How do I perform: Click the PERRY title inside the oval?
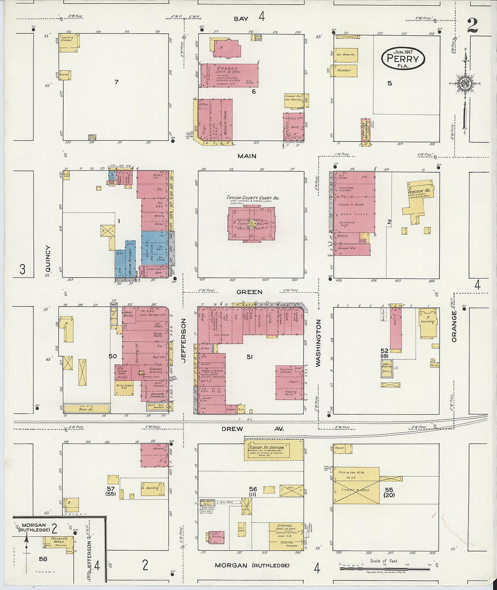point(403,59)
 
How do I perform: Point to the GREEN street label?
point(249,292)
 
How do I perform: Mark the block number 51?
point(249,357)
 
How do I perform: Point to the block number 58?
point(43,559)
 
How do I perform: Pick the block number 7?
point(116,82)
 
